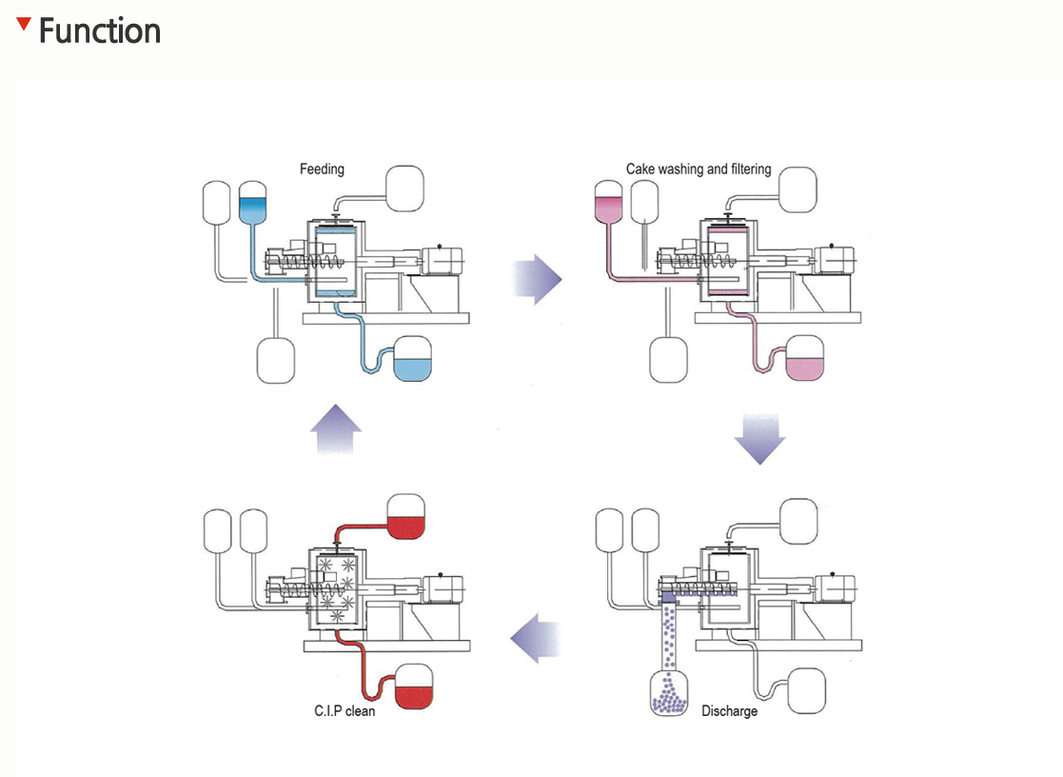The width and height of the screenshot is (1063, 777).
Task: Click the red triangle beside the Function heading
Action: [24, 23]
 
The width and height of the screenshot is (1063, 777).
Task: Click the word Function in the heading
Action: [100, 31]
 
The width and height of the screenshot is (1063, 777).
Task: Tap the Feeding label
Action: [322, 169]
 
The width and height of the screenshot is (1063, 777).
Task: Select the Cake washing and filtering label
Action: [699, 169]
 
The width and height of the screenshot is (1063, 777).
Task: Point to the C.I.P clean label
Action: [344, 711]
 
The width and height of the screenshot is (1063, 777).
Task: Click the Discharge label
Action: [729, 711]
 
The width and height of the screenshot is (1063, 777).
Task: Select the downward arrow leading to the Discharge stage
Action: [759, 438]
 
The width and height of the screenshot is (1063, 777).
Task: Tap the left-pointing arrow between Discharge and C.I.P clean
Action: [535, 636]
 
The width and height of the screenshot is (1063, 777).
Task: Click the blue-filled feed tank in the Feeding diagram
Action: [253, 203]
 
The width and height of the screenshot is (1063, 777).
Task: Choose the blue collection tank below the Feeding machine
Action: [412, 360]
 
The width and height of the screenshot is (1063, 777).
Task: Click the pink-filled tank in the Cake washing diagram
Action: [607, 203]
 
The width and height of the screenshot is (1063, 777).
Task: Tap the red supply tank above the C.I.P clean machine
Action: [406, 519]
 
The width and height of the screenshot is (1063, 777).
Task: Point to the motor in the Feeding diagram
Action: [443, 260]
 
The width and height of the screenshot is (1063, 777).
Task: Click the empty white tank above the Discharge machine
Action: [798, 519]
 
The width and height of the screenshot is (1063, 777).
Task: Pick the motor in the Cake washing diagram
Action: [836, 260]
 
